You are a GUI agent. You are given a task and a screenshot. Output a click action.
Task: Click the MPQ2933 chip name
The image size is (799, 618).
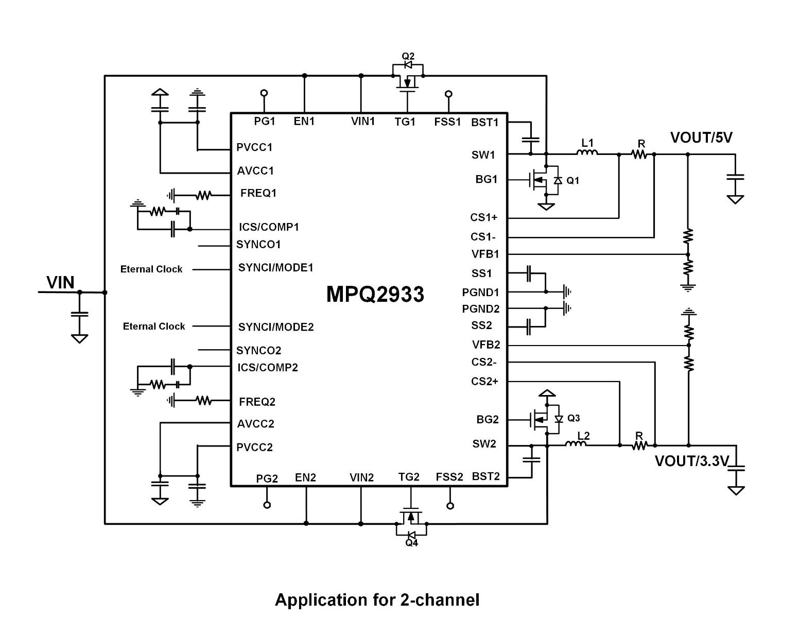375,295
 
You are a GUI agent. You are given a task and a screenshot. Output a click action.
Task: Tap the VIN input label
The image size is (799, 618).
60,283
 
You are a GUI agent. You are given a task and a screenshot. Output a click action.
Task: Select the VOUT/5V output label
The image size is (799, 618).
701,138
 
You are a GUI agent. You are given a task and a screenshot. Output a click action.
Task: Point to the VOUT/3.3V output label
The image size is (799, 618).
691,461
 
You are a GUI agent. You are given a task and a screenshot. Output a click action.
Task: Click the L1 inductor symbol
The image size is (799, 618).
587,152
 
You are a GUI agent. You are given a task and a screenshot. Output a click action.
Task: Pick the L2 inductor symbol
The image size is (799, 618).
576,443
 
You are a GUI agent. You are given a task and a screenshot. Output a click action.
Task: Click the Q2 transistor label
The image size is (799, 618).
408,56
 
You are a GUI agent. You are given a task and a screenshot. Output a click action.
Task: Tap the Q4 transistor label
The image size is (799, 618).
411,543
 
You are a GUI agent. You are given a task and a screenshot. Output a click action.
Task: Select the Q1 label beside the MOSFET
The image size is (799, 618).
572,181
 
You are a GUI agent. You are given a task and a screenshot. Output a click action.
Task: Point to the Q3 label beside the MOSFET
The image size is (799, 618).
574,418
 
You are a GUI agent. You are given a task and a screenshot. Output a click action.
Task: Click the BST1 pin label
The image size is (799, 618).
485,123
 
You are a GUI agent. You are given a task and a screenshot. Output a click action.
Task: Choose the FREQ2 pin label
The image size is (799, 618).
257,402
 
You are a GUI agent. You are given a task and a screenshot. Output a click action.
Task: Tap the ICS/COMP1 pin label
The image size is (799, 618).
269,227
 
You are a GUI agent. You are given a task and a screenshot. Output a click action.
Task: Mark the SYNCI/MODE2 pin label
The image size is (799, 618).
275,327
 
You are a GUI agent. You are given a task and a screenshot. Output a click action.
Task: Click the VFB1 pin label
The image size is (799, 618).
485,254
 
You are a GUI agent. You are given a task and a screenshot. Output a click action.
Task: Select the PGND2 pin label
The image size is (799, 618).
480,309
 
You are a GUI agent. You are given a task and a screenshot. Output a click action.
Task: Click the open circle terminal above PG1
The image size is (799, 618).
264,93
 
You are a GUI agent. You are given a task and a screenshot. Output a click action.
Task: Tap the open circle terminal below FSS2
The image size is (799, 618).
450,506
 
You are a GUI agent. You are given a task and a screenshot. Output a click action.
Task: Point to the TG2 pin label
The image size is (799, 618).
409,477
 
